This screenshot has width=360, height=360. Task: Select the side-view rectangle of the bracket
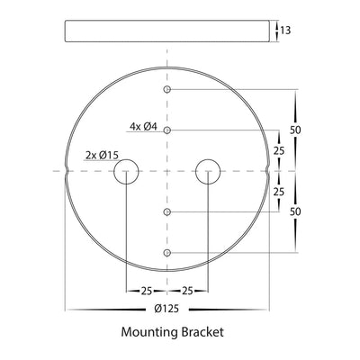[166, 30]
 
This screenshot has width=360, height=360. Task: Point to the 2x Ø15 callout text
[102, 156]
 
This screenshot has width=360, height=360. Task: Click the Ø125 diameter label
[166, 309]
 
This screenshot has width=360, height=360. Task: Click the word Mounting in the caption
[149, 332]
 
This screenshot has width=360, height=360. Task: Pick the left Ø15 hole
[126, 170]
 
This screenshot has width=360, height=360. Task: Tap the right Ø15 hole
[209, 170]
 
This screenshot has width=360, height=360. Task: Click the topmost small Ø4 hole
[167, 90]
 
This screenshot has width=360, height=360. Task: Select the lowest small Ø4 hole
[167, 253]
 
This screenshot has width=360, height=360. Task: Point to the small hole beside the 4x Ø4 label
[167, 130]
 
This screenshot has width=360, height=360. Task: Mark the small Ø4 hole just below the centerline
[167, 212]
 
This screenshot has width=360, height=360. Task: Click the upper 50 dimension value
[295, 130]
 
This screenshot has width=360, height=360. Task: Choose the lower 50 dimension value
[295, 211]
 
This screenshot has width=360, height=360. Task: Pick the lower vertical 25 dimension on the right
[279, 192]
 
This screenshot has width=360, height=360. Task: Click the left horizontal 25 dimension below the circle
[147, 291]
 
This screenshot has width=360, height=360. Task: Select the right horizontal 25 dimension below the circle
[188, 291]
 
